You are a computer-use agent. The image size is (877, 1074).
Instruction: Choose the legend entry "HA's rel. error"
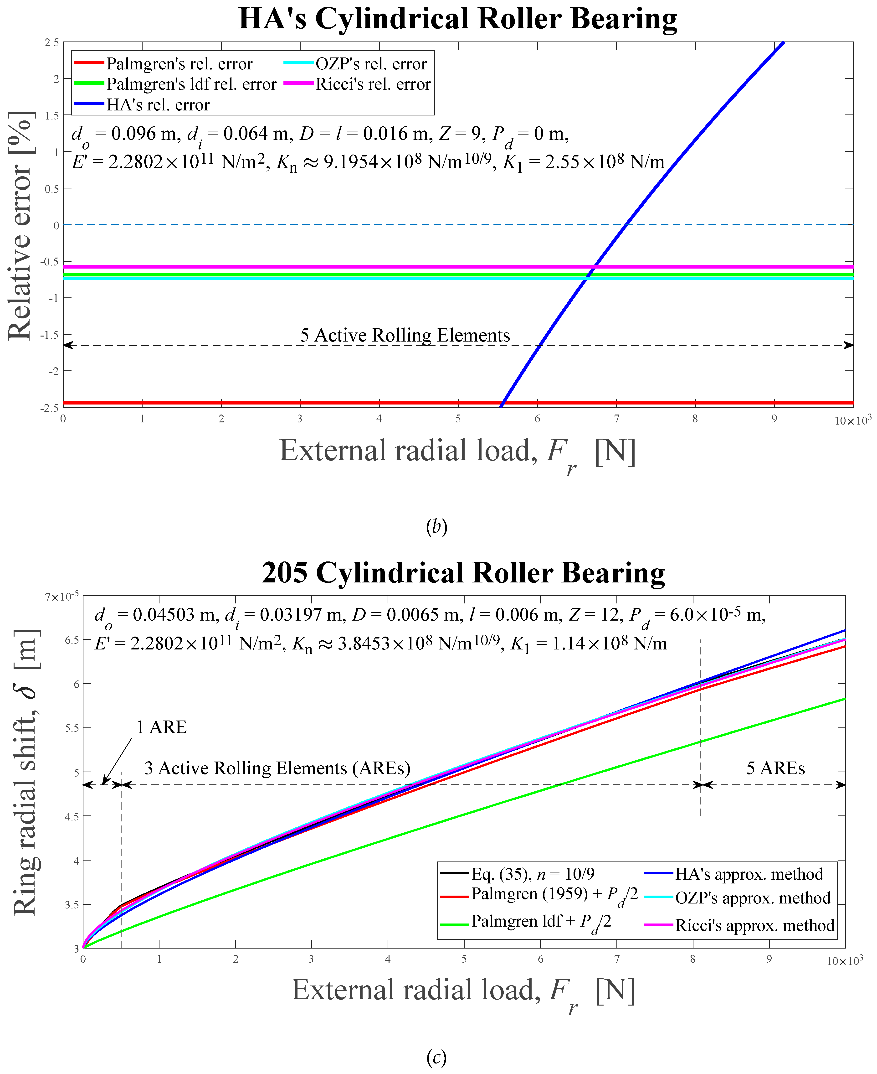158,105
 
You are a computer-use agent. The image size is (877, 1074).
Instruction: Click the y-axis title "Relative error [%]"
21,225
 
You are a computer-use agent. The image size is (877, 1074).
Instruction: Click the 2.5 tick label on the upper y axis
51,42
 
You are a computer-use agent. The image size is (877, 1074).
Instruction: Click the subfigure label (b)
436,527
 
